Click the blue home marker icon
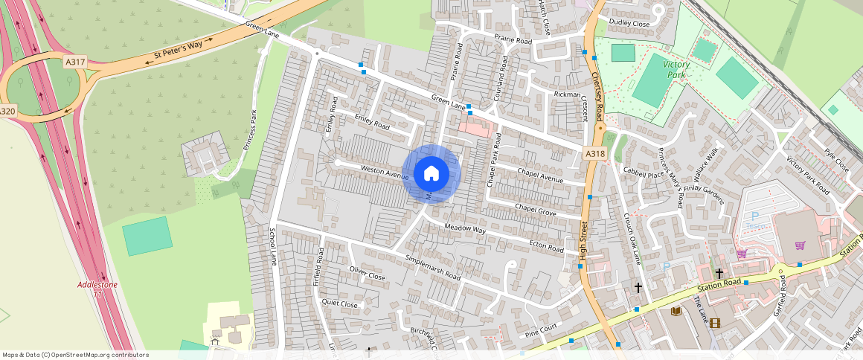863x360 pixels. click(x=431, y=174)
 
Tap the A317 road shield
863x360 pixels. click(x=74, y=61)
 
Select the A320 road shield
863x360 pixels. click(x=7, y=111)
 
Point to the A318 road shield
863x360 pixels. click(x=594, y=153)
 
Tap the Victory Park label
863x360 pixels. click(x=676, y=70)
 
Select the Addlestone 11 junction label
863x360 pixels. click(x=97, y=289)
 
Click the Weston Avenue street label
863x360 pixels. click(x=385, y=172)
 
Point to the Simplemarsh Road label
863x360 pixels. click(x=432, y=267)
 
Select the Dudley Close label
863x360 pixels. click(x=629, y=23)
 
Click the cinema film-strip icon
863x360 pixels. click(x=715, y=322)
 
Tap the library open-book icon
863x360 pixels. click(x=676, y=311)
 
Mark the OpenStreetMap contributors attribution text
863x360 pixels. click(x=75, y=355)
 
